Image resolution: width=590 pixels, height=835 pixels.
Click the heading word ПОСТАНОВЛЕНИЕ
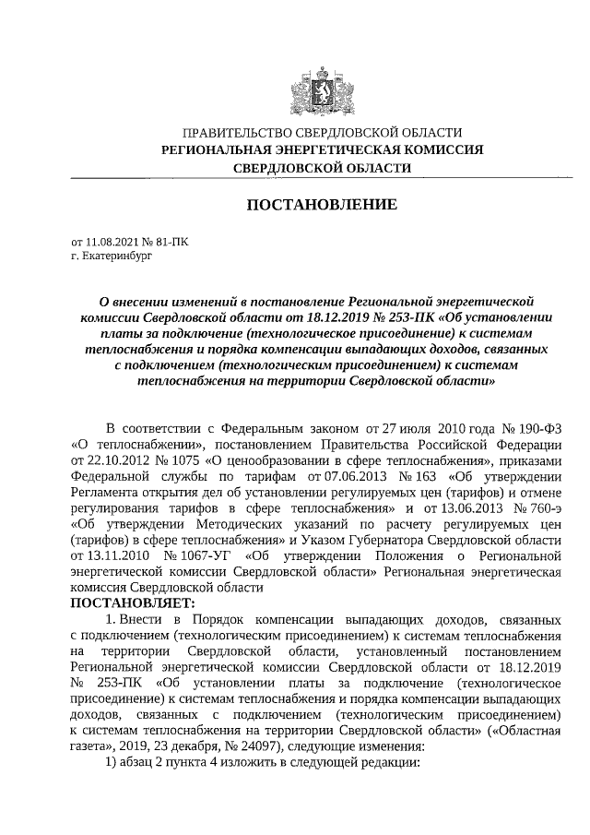click(x=321, y=203)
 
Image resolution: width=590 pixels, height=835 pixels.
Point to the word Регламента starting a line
click(x=106, y=494)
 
